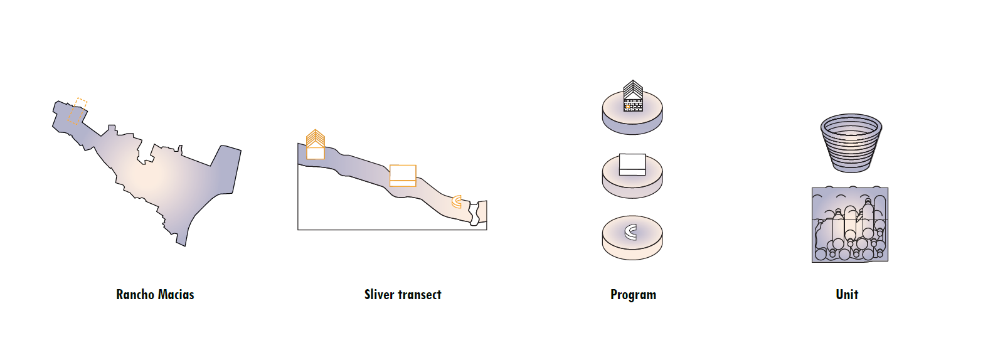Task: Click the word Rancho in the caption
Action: [135, 295]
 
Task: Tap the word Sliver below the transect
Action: [379, 295]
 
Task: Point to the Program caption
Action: [633, 295]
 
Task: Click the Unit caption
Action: [847, 295]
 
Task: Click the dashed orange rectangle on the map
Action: [78, 112]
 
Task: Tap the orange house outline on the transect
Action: [315, 145]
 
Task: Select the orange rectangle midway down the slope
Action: [403, 175]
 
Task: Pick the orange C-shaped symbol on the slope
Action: [457, 202]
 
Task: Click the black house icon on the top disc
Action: [633, 97]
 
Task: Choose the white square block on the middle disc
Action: [632, 164]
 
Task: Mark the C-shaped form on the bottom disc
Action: [631, 232]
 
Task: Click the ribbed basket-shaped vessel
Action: [851, 143]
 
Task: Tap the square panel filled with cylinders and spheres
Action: [850, 225]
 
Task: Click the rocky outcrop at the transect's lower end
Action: [480, 213]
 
